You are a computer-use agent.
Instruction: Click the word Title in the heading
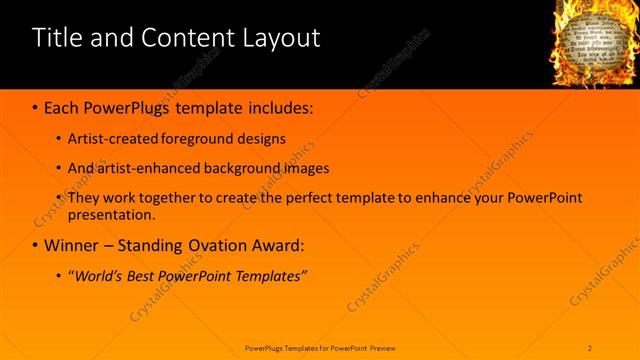(x=55, y=39)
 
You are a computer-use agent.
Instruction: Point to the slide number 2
(x=591, y=348)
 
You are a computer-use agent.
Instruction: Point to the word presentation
(x=111, y=214)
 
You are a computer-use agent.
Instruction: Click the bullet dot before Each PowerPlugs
(x=36, y=105)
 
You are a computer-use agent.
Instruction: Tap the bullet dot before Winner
(x=36, y=245)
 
